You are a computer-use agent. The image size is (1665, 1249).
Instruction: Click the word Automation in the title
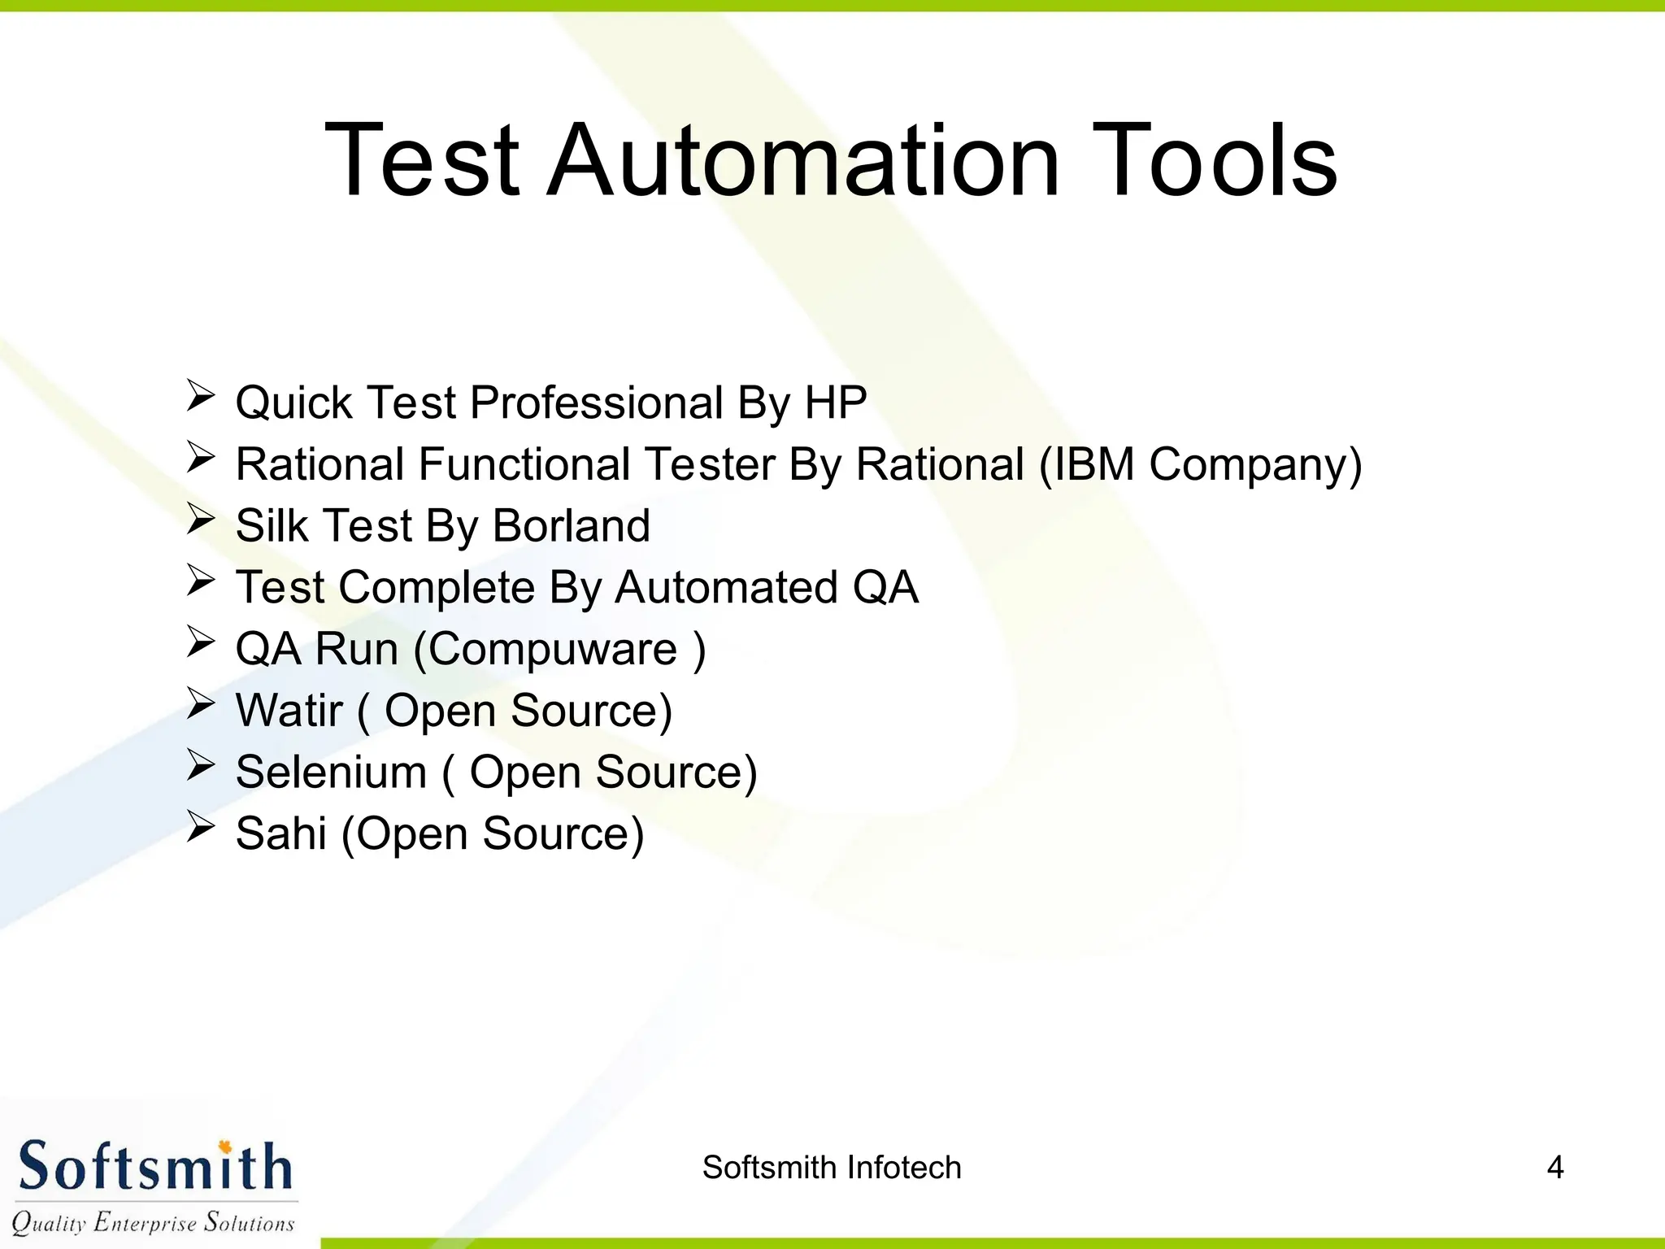(803, 160)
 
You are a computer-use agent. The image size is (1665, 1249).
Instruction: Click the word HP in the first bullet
(835, 403)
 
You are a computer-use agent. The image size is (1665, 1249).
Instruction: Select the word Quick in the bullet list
(293, 403)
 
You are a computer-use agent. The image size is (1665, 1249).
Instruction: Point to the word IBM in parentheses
(1094, 464)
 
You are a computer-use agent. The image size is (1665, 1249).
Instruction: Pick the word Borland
(572, 526)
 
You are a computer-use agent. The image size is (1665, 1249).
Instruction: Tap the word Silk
(272, 526)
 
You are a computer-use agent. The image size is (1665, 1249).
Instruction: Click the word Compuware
(553, 650)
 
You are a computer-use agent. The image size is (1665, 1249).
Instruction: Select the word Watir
(289, 711)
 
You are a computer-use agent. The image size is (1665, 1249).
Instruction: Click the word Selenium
(331, 772)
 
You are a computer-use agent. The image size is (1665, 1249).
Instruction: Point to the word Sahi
(280, 834)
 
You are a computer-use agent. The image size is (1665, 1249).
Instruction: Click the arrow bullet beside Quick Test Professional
(200, 396)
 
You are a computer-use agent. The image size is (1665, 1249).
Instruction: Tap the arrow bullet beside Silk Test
(200, 519)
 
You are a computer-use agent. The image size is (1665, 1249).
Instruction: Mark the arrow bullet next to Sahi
(200, 827)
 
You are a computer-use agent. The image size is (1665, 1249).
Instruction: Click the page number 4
(1554, 1168)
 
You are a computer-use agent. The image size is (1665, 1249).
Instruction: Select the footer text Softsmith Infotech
(832, 1168)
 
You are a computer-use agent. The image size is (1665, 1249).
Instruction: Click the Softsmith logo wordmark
(154, 1167)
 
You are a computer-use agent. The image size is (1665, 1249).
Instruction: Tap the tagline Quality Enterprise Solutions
(153, 1222)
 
